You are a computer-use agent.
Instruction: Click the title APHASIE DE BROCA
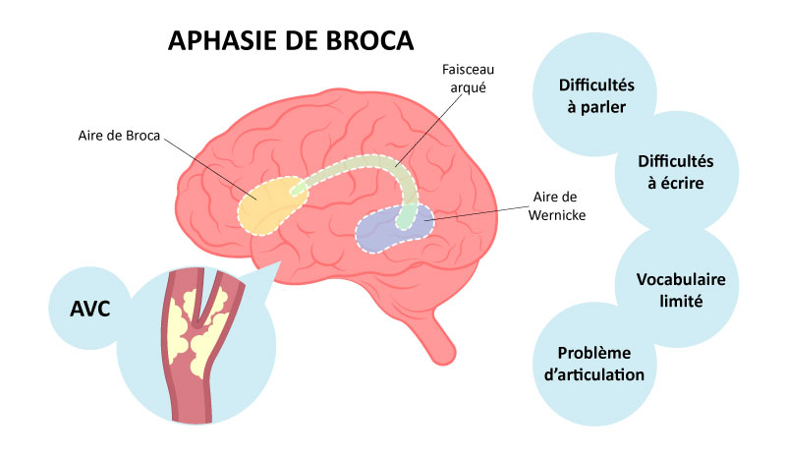click(291, 40)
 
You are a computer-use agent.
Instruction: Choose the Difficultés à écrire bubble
click(675, 172)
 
